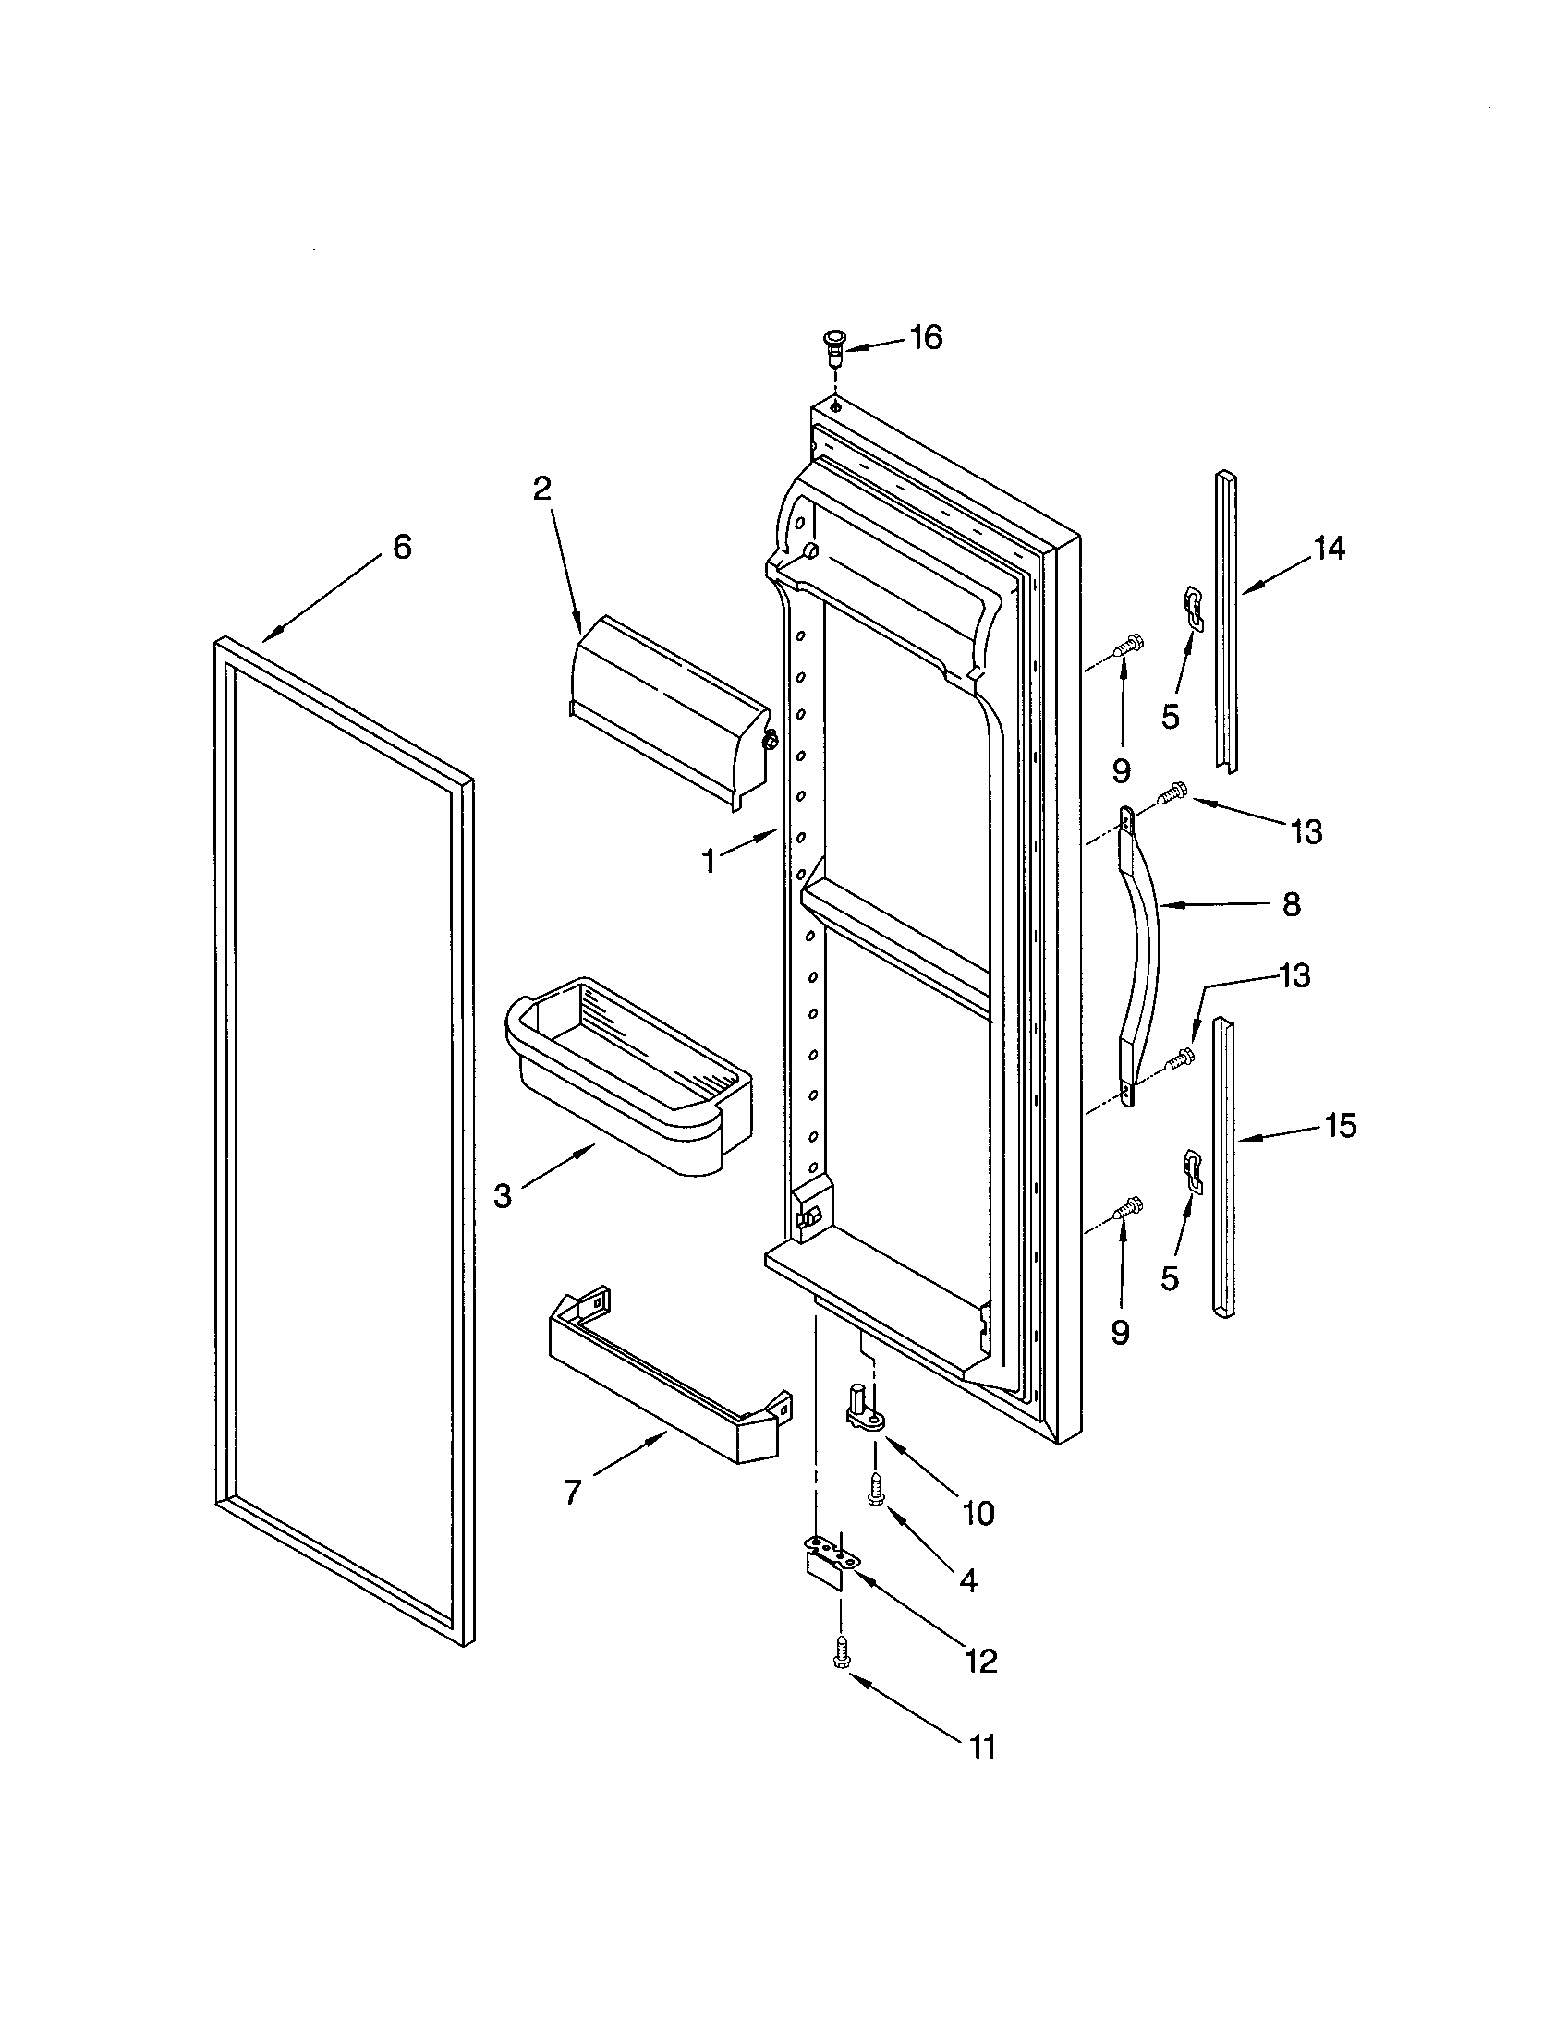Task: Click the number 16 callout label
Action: [926, 337]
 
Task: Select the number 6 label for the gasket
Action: [401, 547]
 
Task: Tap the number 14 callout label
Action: [1329, 549]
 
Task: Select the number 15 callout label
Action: [1341, 1126]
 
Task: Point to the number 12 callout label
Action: [982, 1661]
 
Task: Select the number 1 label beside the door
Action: [709, 863]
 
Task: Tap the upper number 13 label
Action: [1306, 832]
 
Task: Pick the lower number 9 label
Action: [1121, 1332]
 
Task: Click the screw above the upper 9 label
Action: [1129, 644]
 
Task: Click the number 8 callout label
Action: [1292, 904]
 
